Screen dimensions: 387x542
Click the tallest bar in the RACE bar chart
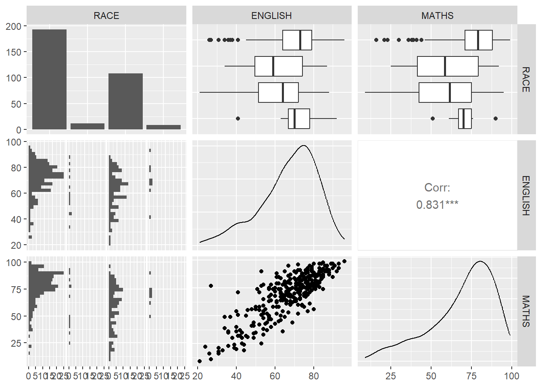pyautogui.click(x=49, y=79)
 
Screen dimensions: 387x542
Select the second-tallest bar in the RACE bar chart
pyautogui.click(x=125, y=101)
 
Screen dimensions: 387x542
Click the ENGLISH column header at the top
pyautogui.click(x=271, y=16)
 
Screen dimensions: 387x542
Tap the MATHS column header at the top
pyautogui.click(x=437, y=16)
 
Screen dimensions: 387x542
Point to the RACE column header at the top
pyautogui.click(x=106, y=16)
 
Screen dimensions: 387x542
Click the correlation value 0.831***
pyautogui.click(x=437, y=205)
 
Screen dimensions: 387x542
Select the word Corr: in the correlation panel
pyautogui.click(x=437, y=187)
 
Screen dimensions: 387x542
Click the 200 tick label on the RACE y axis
pyautogui.click(x=14, y=26)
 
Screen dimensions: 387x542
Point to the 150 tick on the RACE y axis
pyautogui.click(x=14, y=52)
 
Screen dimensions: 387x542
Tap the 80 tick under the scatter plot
pyautogui.click(x=313, y=376)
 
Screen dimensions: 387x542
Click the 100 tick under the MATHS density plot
pyautogui.click(x=511, y=376)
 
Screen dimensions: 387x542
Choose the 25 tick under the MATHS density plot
pyautogui.click(x=390, y=376)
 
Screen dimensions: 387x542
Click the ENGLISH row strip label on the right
pyautogui.click(x=526, y=196)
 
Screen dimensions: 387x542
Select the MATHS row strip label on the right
pyautogui.click(x=526, y=311)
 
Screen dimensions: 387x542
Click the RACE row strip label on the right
pyautogui.click(x=526, y=79)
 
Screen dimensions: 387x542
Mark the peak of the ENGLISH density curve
pyautogui.click(x=303, y=146)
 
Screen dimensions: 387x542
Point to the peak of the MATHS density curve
pyautogui.click(x=480, y=261)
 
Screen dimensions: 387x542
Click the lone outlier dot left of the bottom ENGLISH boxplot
pyautogui.click(x=238, y=119)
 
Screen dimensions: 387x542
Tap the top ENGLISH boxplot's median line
pyautogui.click(x=300, y=40)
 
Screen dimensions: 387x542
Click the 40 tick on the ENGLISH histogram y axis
pyautogui.click(x=16, y=219)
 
